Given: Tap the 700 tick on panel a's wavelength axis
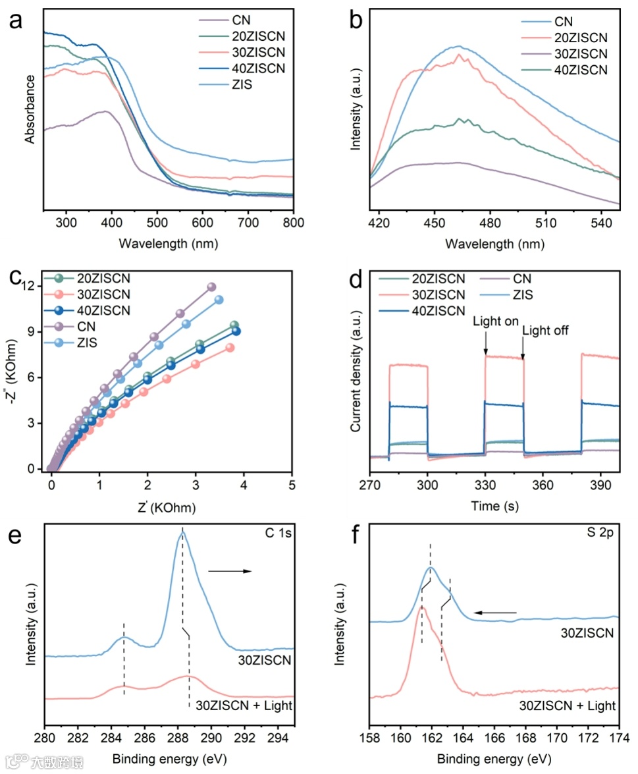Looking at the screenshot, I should pos(248,223).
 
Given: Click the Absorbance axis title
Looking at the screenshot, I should pos(30,109).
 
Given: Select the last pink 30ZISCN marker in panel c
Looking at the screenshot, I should pos(230,347).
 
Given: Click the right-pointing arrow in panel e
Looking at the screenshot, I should pos(230,571).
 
